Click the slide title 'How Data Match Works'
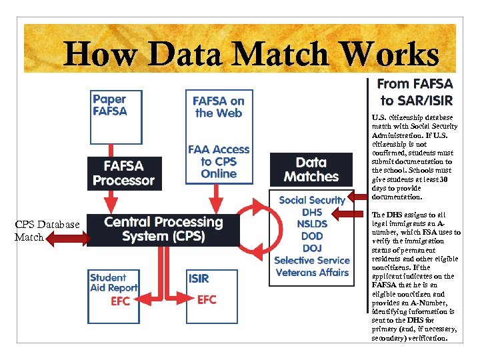[x=251, y=54]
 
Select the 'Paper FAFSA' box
[x=109, y=105]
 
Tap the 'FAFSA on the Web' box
[x=219, y=107]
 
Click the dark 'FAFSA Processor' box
[x=124, y=173]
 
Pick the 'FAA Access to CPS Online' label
[x=219, y=162]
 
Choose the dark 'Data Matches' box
[x=311, y=170]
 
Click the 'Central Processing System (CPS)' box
[x=163, y=229]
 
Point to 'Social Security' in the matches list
[x=312, y=200]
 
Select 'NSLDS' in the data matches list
[x=312, y=224]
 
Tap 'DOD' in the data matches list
[x=312, y=236]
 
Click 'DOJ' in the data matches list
[x=312, y=248]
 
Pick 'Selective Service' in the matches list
[x=312, y=260]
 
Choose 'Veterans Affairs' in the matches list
[x=312, y=272]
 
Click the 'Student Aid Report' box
[x=113, y=283]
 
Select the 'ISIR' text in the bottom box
[x=199, y=279]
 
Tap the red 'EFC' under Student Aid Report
[x=121, y=301]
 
